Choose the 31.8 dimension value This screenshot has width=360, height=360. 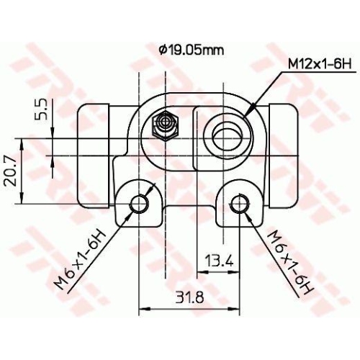[x=189, y=296]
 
